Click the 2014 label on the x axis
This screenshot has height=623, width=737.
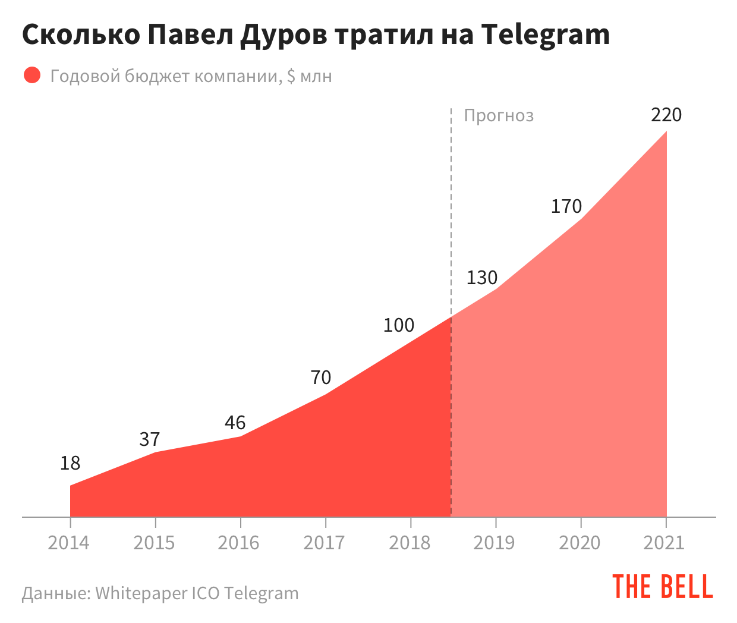(x=69, y=543)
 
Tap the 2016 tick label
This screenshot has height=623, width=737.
(x=239, y=543)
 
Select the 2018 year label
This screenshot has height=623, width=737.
(x=410, y=543)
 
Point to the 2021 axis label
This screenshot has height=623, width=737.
(x=664, y=543)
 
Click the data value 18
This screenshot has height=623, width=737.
(x=70, y=463)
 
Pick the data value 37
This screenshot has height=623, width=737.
(x=150, y=439)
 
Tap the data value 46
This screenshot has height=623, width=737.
(x=235, y=423)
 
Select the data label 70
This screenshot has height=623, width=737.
(x=321, y=377)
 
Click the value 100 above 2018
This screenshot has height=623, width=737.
(x=399, y=325)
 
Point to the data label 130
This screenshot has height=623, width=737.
(x=482, y=278)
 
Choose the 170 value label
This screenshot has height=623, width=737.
(x=566, y=206)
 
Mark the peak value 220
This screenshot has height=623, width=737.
(x=666, y=115)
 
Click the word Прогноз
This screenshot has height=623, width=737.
(x=499, y=115)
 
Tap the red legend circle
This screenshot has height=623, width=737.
(x=32, y=75)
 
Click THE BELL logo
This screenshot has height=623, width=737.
(x=663, y=587)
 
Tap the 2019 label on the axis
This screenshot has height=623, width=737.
(x=495, y=543)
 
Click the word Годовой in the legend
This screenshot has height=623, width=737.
(x=86, y=76)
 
